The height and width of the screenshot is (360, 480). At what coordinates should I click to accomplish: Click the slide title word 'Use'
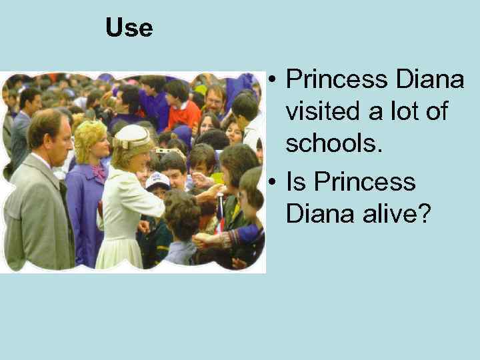tap(129, 28)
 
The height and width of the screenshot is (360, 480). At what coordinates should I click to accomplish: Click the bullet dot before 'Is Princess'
tap(273, 181)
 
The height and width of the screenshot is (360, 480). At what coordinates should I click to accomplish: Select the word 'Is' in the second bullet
tap(297, 181)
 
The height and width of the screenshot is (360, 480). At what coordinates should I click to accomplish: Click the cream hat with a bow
tap(132, 137)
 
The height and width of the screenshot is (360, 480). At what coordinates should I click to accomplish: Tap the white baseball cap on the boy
tap(157, 180)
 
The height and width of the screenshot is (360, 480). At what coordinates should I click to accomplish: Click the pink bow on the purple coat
tap(99, 171)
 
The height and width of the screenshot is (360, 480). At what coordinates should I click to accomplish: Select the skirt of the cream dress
tap(120, 247)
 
